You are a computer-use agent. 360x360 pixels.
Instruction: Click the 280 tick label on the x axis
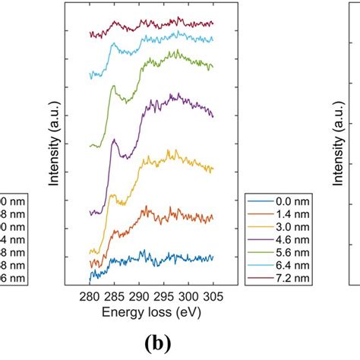point(90,295)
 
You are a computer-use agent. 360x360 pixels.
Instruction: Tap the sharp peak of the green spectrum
point(113,87)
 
